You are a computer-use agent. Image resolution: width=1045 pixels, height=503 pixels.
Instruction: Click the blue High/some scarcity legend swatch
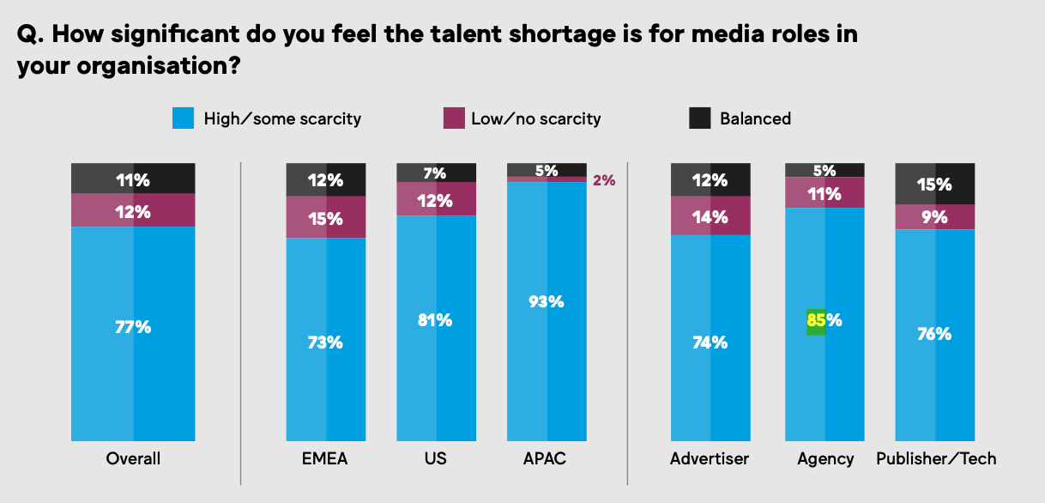point(184,118)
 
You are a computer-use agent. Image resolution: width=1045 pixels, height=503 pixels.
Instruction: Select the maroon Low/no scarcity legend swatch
point(453,118)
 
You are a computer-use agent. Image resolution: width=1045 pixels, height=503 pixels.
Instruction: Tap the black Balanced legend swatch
point(700,118)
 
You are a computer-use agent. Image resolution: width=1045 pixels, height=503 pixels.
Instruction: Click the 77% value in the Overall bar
point(133,327)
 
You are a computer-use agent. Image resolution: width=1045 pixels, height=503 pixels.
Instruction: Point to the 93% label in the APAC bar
point(547,301)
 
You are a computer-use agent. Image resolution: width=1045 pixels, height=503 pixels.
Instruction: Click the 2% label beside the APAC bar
point(604,180)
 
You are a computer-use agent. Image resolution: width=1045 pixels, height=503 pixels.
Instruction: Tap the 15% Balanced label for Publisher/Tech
point(934,184)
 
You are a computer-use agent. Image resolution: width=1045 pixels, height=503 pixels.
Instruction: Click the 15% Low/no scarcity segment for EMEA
point(326,217)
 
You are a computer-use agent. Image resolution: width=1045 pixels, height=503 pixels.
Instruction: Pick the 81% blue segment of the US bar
point(435,320)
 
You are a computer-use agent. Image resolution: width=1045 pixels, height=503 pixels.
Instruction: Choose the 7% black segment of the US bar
point(435,173)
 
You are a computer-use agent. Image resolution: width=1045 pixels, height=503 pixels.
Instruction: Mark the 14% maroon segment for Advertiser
point(710,217)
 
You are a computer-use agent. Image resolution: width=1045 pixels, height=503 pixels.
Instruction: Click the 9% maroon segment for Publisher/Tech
point(934,217)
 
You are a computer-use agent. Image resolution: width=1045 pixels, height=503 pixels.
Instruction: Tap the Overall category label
point(133,458)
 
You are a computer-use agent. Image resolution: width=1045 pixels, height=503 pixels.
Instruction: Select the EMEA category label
point(326,458)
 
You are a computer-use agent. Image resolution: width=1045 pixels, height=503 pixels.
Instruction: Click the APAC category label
point(547,458)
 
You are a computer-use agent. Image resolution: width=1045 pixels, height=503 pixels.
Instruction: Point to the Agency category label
point(825,458)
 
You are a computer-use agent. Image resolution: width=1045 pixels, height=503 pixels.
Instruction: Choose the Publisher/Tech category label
point(936,458)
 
